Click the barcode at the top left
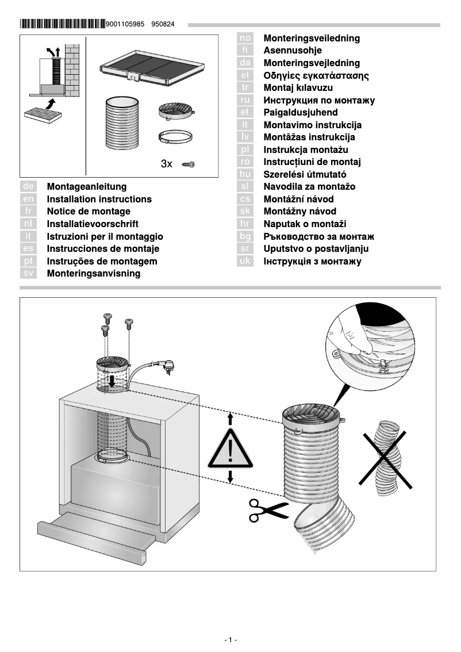62,24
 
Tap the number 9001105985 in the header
126,25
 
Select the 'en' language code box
29,200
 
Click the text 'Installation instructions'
99,200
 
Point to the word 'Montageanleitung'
87,187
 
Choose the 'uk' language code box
245,262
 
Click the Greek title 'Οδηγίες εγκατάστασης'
316,75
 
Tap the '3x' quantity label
167,164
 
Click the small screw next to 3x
188,164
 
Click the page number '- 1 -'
230,640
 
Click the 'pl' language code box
245,150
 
